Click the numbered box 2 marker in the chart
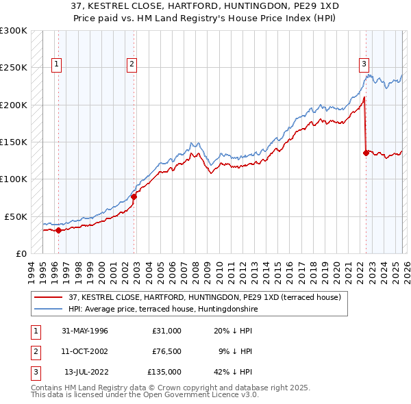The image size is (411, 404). [131, 65]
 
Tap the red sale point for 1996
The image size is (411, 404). [59, 230]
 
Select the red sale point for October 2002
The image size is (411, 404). [134, 197]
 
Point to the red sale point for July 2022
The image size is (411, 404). [366, 153]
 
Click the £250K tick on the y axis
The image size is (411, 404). [14, 68]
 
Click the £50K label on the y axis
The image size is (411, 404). [16, 216]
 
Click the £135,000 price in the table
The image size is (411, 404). [165, 372]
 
